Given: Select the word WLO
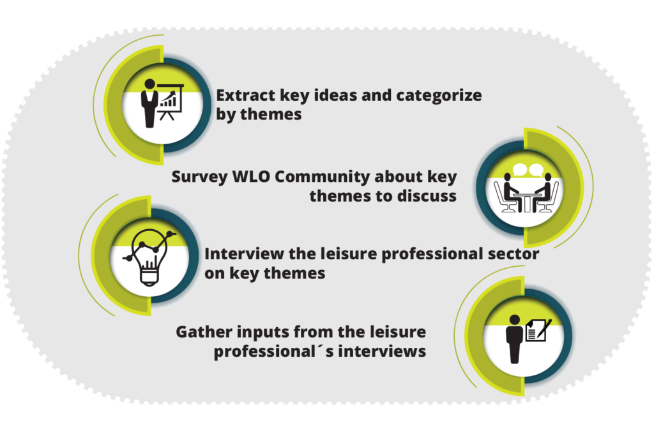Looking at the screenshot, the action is coord(252,176).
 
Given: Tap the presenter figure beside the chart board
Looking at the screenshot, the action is coord(149,103).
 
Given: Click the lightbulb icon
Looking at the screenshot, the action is coord(149,257).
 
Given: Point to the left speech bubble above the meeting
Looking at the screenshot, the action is coord(520,169).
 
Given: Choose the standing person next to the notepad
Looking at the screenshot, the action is coord(514,338).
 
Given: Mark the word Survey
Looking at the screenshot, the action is coord(200,177).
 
